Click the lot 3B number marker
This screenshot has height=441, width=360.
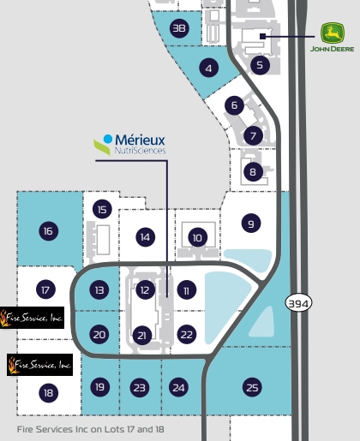coord(179,28)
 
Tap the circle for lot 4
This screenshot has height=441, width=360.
coord(209,68)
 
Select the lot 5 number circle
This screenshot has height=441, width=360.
coord(260,65)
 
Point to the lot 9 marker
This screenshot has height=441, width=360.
coord(251,223)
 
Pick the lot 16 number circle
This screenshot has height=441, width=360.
coord(49,230)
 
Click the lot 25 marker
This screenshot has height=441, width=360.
coord(252,387)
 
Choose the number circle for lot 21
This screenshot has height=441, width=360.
coord(142,336)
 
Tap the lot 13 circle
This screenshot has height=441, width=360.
coord(99,289)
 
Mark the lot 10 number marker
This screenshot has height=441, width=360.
coord(198,237)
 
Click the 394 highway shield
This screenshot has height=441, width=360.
coord(298,303)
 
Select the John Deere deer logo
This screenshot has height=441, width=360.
coord(333,33)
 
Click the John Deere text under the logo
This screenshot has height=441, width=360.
coord(333,49)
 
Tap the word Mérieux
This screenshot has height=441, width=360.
coord(141,140)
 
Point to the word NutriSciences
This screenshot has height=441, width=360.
coord(140,151)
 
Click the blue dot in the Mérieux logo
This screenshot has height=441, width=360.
coord(108,139)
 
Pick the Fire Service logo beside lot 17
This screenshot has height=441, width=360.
coord(32,318)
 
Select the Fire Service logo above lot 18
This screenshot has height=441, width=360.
coord(39,365)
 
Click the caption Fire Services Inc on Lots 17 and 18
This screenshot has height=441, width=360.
coord(91,429)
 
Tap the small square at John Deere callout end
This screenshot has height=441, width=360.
coord(263,36)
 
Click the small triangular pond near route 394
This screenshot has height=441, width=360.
coord(262,322)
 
